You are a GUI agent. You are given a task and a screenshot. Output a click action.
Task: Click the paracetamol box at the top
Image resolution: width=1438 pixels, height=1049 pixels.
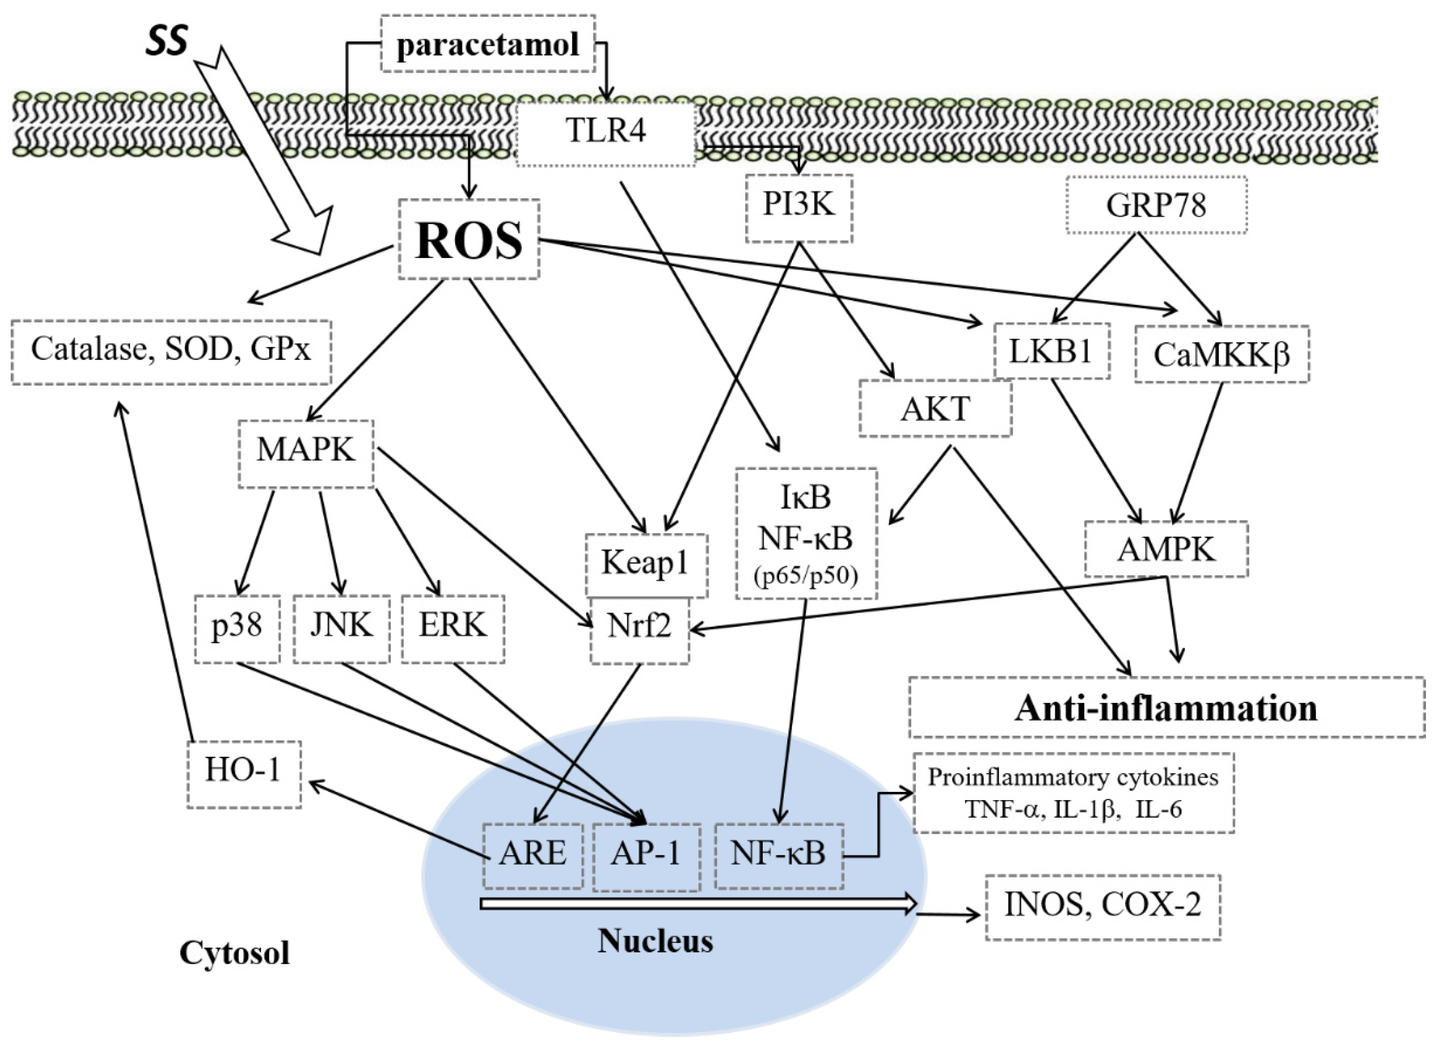[487, 44]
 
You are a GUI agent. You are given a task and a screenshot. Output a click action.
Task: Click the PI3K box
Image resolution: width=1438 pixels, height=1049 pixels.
[798, 207]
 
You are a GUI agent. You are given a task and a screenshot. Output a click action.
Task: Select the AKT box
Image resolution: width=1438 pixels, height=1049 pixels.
[935, 408]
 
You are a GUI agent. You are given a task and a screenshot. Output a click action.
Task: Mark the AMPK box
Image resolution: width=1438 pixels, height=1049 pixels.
[1166, 549]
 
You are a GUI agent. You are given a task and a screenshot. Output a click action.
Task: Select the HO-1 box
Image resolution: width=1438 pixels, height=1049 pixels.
[244, 774]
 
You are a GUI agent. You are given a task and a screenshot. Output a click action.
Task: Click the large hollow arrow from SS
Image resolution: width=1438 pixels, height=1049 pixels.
[266, 152]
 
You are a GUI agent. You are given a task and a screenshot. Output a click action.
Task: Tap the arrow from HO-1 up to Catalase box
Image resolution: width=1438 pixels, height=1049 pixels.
[155, 571]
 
